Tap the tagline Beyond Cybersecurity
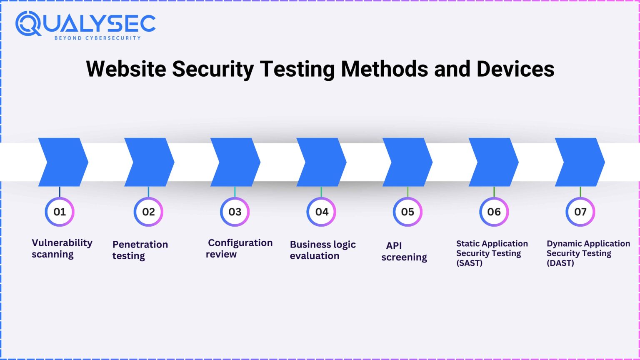97,38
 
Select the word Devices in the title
515,69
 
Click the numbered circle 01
60,212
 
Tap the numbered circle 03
235,212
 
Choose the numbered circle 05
407,212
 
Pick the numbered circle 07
580,212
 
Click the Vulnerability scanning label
62,248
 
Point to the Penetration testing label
140,250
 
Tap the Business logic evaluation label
322,250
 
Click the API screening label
404,251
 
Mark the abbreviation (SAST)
469,263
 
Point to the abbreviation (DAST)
560,263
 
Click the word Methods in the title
384,69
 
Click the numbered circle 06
494,212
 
